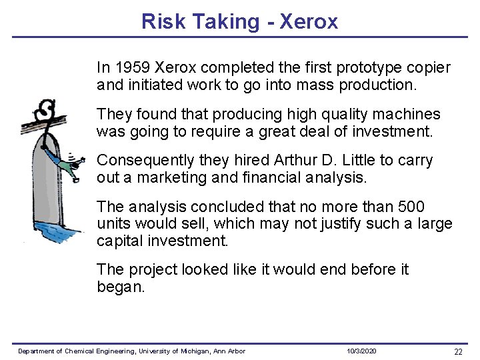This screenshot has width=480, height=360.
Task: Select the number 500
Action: pos(410,207)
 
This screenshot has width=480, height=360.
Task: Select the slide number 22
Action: pos(457,351)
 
